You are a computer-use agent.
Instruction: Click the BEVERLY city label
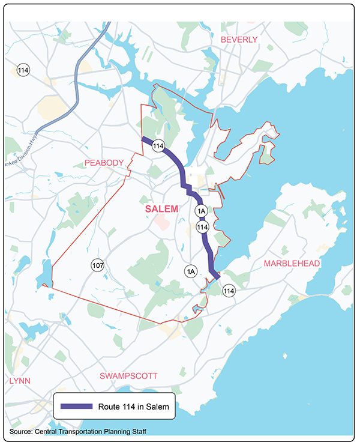point(239,40)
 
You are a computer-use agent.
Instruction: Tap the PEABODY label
point(104,163)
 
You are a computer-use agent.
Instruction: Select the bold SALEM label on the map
point(161,209)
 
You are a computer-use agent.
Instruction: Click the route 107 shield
point(97,265)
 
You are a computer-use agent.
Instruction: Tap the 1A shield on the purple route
point(201,211)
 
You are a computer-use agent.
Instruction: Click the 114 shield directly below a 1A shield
point(202,227)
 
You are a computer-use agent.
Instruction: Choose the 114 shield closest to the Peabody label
point(158,146)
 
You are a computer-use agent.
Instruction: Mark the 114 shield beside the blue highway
point(23,70)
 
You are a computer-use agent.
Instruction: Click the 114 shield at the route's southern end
point(228,291)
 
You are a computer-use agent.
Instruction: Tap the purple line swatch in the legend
point(77,407)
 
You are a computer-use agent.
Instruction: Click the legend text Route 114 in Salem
point(135,407)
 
